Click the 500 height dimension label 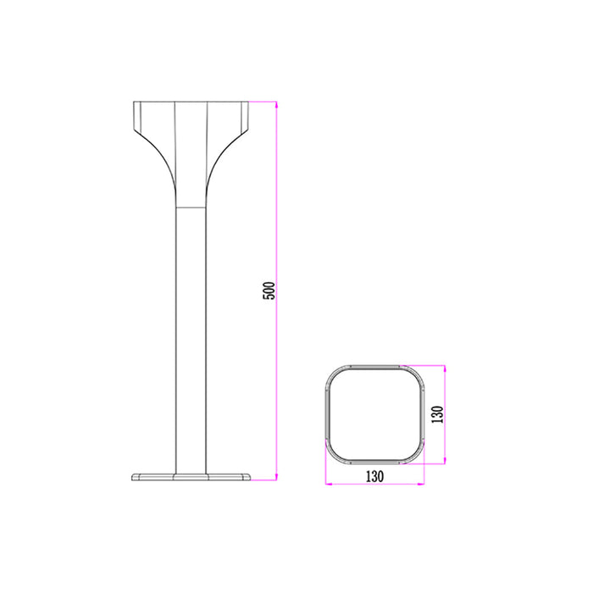pyautogui.click(x=269, y=291)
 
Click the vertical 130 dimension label pyautogui.click(x=437, y=414)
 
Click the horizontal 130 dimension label pyautogui.click(x=374, y=476)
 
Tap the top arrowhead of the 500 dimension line pyautogui.click(x=276, y=106)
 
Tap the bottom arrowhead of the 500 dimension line pyautogui.click(x=276, y=476)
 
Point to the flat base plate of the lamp pyautogui.click(x=191, y=477)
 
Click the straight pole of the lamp pyautogui.click(x=191, y=341)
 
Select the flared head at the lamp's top pyautogui.click(x=191, y=154)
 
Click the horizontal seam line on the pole pyautogui.click(x=191, y=208)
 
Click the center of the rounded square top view pyautogui.click(x=374, y=414)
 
